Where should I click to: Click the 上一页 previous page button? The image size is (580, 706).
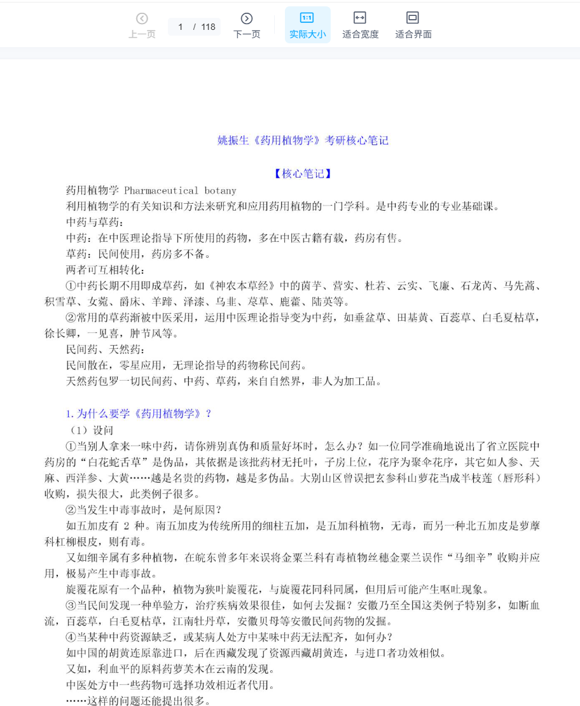click(142, 25)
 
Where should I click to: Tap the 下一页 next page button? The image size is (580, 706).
click(247, 25)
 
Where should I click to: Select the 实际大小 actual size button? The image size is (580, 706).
click(307, 25)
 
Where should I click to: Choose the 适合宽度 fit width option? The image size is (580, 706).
click(360, 25)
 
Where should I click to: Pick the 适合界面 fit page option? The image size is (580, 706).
click(413, 25)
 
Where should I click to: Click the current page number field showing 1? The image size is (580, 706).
click(181, 27)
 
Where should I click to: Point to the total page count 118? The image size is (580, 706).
click(208, 27)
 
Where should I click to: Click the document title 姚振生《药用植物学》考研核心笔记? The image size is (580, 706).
click(303, 141)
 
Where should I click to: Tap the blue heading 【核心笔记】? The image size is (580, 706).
click(303, 174)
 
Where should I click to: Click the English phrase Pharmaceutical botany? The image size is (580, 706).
click(180, 190)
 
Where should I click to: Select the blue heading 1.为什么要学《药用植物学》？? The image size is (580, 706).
click(139, 414)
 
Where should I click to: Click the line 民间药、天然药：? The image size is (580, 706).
click(106, 349)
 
